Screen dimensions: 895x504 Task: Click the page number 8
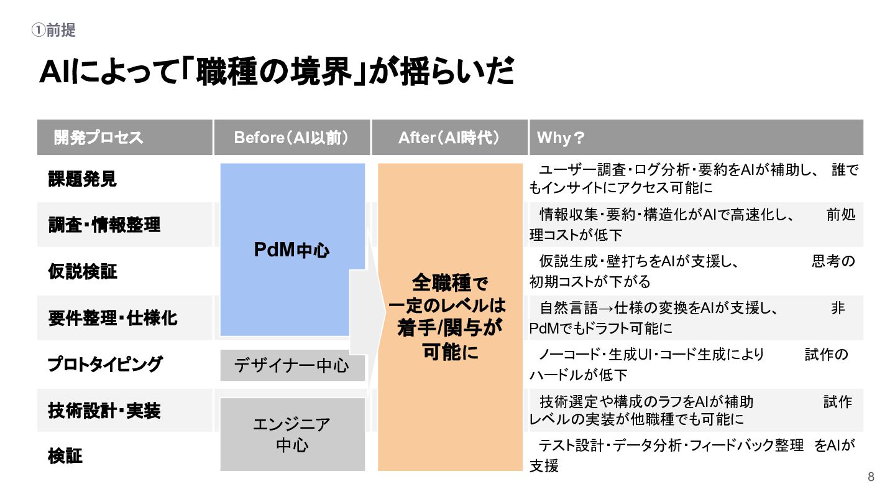871,477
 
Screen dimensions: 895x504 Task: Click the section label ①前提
53,30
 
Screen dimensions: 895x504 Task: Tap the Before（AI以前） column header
291,138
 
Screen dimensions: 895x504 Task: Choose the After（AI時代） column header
449,138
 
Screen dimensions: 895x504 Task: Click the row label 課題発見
82,179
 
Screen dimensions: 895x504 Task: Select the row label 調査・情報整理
104,225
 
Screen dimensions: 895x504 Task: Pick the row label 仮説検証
82,271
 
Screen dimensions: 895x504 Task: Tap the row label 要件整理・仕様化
112,318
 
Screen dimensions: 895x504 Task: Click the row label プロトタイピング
105,365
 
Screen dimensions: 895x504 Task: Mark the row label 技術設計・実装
104,411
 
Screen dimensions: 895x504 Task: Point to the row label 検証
65,457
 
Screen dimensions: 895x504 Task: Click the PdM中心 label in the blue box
292,250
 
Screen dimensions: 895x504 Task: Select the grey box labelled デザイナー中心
292,365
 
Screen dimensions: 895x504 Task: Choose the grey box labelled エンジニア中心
292,435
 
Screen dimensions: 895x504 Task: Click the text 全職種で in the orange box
450,284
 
